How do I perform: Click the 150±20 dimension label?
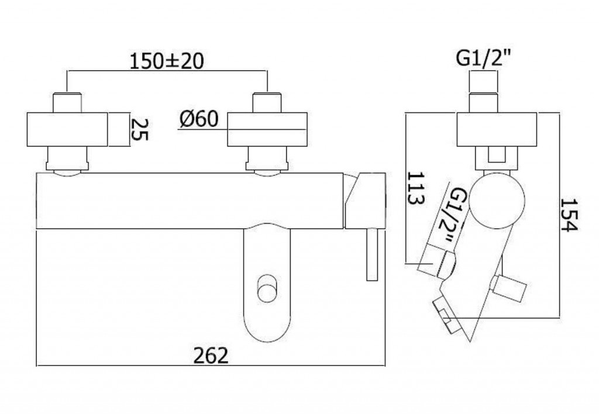point(167,61)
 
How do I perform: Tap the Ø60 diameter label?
point(199,119)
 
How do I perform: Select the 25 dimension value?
point(140,129)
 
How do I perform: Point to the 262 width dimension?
point(211,356)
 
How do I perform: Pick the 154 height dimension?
point(569,215)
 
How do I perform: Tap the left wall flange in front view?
point(67,129)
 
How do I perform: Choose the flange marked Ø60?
point(267,129)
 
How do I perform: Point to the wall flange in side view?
point(497,129)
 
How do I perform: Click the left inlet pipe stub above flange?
point(67,102)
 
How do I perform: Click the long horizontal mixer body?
point(190,201)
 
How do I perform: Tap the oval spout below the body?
point(267,282)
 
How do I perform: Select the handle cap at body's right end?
point(365,201)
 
